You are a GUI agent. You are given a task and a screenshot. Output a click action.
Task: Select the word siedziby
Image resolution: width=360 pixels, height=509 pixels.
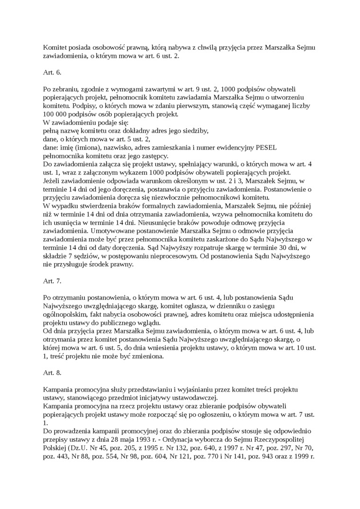pyautogui.click(x=192, y=131)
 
